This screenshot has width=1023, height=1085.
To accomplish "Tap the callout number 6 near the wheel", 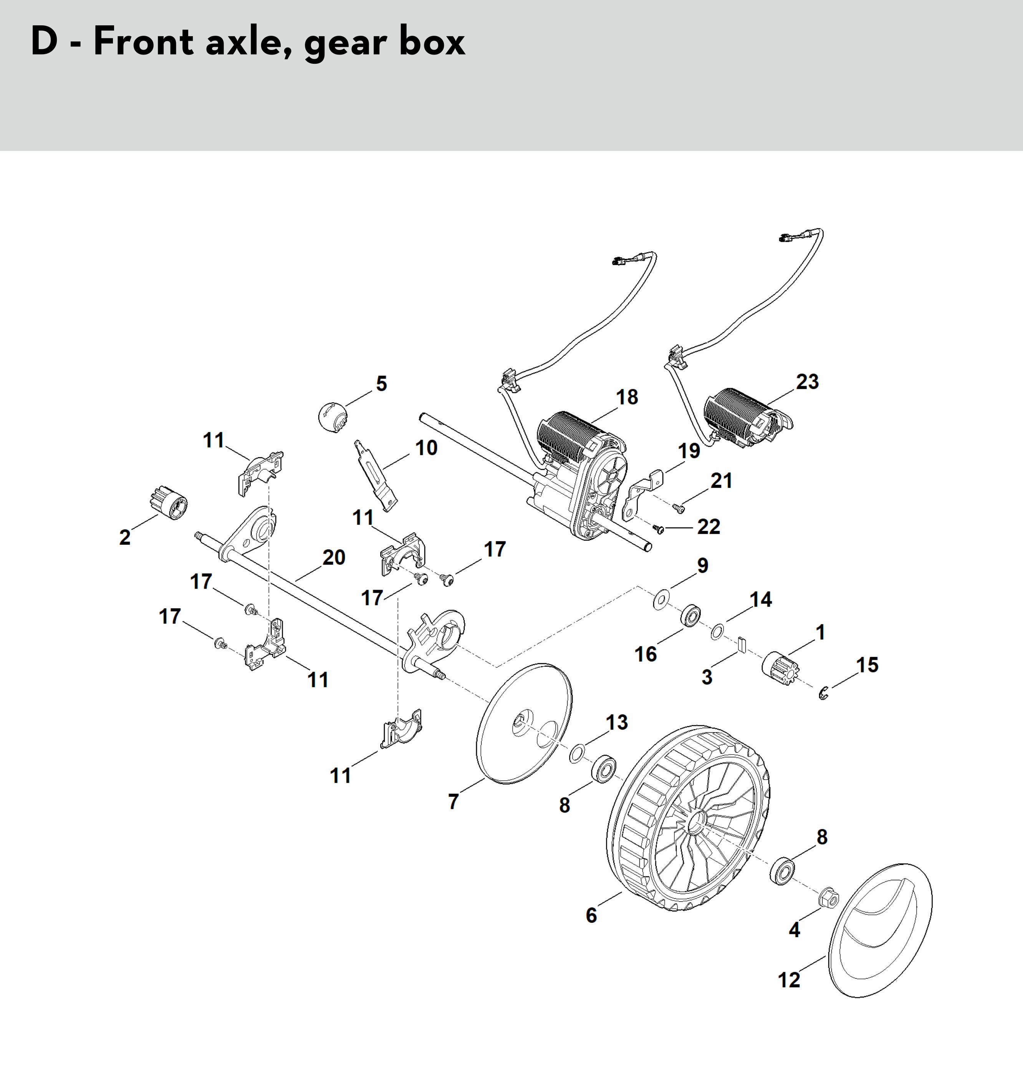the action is (x=591, y=915).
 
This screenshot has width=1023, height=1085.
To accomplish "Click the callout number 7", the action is (x=454, y=801).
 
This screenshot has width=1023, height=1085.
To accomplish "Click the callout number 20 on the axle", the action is (x=334, y=557).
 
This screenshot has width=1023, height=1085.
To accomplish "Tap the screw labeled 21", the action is (x=679, y=509).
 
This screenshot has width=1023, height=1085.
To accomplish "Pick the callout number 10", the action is (x=426, y=448).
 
